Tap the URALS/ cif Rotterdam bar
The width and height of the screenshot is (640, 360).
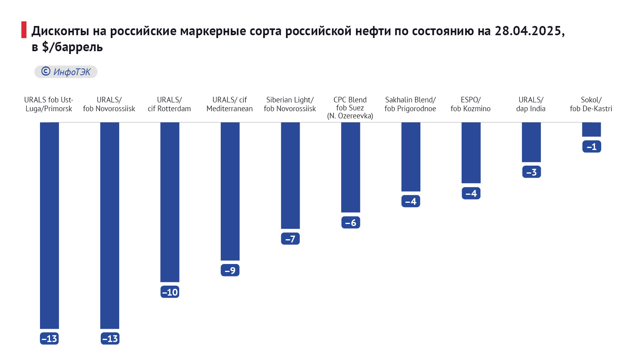(x=170, y=202)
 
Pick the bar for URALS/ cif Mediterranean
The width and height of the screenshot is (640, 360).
(x=230, y=191)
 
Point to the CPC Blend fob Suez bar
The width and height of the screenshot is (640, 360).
(x=350, y=167)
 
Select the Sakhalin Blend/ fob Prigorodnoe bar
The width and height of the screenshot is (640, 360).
(x=411, y=157)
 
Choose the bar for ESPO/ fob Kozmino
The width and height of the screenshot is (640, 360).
(x=471, y=152)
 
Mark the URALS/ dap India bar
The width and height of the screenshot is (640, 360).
(x=531, y=142)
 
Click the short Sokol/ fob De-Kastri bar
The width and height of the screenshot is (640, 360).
(x=591, y=130)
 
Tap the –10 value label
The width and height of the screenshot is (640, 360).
(x=170, y=292)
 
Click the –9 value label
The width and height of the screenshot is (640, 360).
(x=230, y=270)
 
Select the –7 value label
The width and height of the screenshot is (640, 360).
(x=290, y=239)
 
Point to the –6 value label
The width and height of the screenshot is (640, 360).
(x=351, y=222)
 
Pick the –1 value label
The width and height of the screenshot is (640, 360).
(x=592, y=147)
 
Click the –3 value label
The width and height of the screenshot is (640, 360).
(x=532, y=172)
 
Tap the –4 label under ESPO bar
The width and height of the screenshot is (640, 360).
(x=471, y=194)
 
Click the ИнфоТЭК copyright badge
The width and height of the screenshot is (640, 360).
(x=66, y=72)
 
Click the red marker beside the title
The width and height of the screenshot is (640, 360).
(x=24, y=30)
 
